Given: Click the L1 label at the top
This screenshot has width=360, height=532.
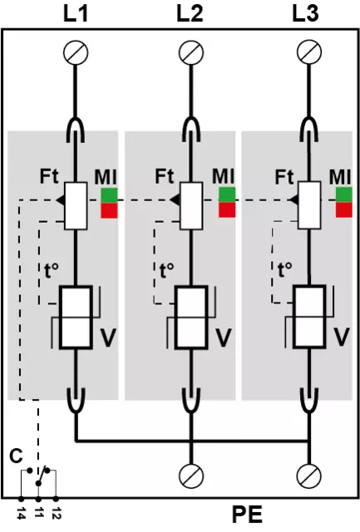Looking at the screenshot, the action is (x=76, y=14).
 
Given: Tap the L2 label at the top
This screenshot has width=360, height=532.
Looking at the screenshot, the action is (x=190, y=14).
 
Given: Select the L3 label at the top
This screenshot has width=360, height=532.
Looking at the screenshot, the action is (x=306, y=14).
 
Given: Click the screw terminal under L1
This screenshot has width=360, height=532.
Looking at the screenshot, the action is (x=76, y=52).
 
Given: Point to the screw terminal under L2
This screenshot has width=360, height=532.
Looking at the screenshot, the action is (x=191, y=52).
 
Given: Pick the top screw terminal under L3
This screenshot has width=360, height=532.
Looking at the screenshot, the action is (x=309, y=52).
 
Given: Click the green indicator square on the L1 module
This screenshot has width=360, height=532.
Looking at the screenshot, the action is (x=109, y=195).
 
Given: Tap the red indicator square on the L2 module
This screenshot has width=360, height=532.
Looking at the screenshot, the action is (x=227, y=209).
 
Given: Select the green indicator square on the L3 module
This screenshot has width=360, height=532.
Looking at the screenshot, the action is (x=344, y=195).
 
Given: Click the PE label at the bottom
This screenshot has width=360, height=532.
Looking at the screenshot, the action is (x=248, y=515).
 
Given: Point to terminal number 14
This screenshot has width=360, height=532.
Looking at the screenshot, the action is (x=21, y=511).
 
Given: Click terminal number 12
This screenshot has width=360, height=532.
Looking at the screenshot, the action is (x=56, y=511).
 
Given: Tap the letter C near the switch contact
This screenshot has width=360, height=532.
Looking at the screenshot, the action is (x=17, y=456).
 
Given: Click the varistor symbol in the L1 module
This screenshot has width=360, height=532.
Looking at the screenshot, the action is (x=76, y=318).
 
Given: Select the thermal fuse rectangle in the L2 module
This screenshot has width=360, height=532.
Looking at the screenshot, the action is (x=191, y=206).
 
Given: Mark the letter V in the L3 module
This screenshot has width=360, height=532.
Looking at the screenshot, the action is (x=342, y=337).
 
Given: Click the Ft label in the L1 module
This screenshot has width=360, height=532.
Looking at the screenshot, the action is (x=49, y=176).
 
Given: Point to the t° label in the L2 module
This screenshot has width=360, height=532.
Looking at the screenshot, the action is (x=166, y=270).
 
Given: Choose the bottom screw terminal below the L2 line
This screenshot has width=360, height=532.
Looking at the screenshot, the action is (x=191, y=475).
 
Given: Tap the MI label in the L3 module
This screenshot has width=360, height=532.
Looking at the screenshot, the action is (x=340, y=177).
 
